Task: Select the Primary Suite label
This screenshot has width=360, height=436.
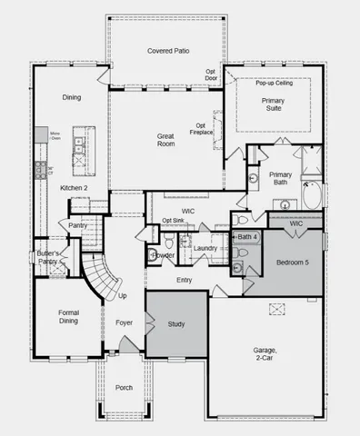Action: click(x=273, y=104)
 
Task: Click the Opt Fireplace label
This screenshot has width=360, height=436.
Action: click(x=204, y=129)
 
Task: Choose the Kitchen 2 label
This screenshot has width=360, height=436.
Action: click(x=74, y=188)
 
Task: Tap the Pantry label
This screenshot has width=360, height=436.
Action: click(x=78, y=225)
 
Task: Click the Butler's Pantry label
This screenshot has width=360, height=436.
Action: click(x=47, y=257)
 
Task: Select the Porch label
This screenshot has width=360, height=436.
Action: click(x=124, y=388)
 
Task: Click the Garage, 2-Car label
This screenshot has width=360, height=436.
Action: click(x=265, y=354)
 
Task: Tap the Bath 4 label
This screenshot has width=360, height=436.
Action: click(x=247, y=237)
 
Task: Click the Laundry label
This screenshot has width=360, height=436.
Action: click(x=205, y=247)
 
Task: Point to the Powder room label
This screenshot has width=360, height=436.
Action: click(x=164, y=255)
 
